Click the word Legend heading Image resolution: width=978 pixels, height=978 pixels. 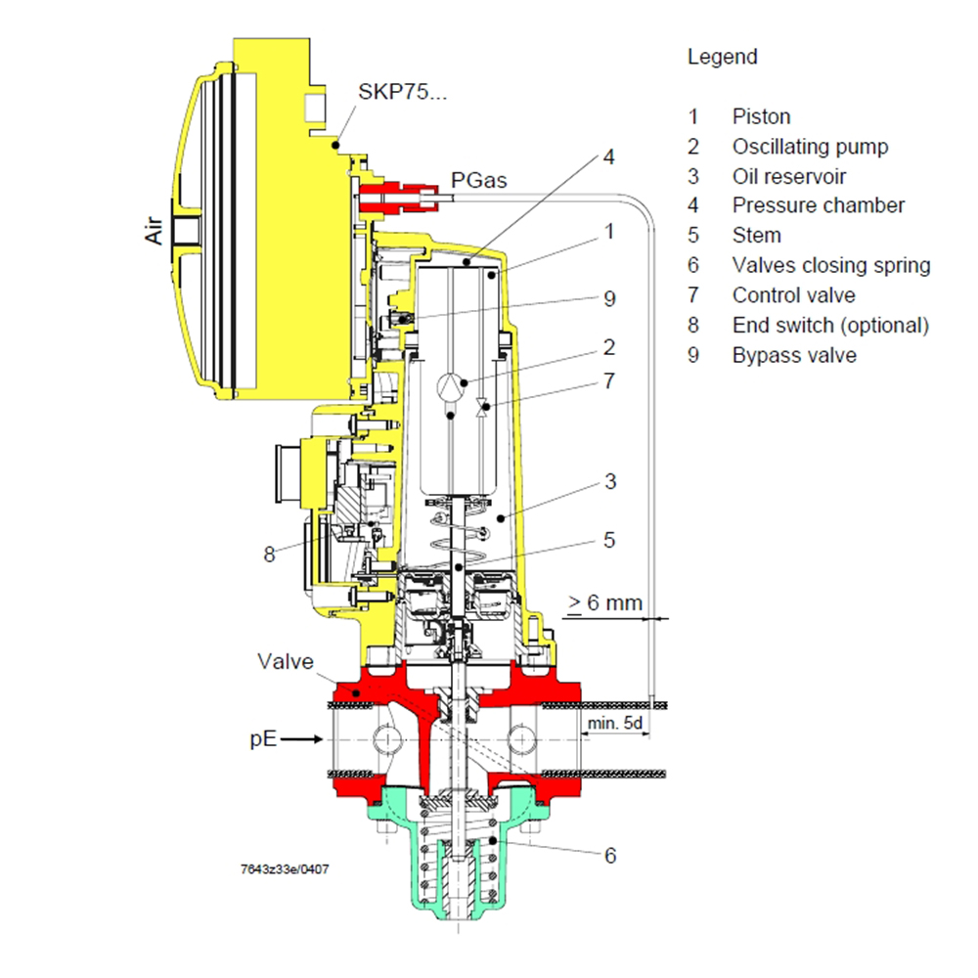[x=722, y=57]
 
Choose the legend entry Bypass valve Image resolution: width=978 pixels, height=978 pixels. [x=793, y=355]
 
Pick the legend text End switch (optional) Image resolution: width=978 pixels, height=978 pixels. [x=829, y=325]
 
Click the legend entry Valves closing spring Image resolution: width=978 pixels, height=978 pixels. [x=830, y=265]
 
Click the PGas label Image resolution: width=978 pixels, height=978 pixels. [x=478, y=180]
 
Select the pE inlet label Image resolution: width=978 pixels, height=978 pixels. [x=263, y=740]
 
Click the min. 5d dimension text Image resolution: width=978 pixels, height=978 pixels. [x=613, y=725]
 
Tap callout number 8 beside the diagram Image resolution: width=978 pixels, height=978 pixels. [x=269, y=555]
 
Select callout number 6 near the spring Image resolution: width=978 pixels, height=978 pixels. [x=609, y=855]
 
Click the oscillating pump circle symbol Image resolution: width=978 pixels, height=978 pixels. [x=447, y=384]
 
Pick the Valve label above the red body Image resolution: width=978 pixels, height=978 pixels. [x=286, y=661]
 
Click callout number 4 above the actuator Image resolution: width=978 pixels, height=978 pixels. [x=607, y=156]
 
